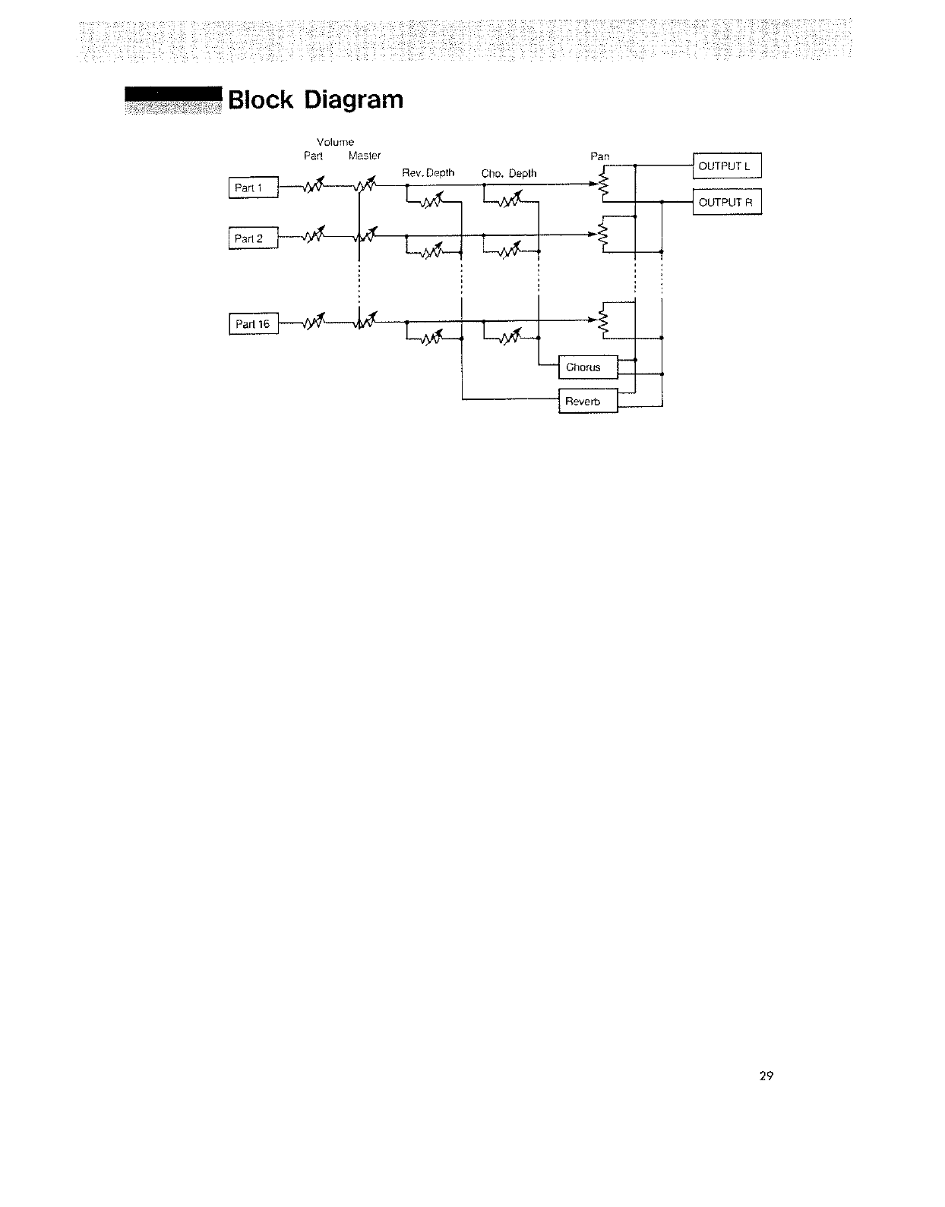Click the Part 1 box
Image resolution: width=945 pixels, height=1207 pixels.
tap(254, 188)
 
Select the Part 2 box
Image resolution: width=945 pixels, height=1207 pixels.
tap(254, 238)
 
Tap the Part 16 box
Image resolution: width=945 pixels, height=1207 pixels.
tap(254, 324)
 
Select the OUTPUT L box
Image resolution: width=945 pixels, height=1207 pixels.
tap(726, 165)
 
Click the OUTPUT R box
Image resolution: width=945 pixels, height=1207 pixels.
tap(726, 202)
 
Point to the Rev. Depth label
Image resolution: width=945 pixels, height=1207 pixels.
tap(428, 173)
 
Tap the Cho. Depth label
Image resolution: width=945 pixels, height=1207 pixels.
tap(509, 174)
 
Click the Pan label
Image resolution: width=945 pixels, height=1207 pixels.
tap(600, 156)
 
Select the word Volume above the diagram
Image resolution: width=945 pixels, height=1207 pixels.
tap(335, 142)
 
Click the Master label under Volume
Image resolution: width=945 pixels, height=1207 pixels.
tap(364, 156)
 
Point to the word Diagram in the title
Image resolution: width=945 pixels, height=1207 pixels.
tap(353, 100)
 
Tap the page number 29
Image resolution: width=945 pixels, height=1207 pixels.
tap(766, 1076)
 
